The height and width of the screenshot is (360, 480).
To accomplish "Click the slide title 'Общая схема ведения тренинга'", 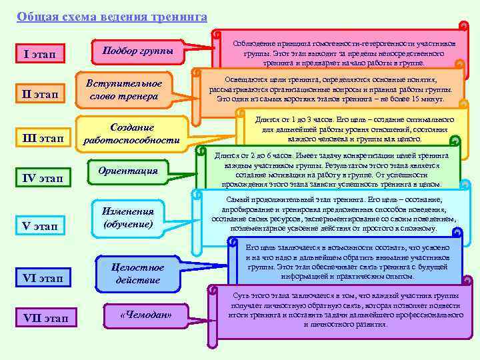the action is (111, 16).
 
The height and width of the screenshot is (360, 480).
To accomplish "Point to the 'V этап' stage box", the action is (45, 227).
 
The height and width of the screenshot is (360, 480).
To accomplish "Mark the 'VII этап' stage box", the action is (45, 318).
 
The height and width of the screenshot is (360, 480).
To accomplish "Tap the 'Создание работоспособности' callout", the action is (131, 133).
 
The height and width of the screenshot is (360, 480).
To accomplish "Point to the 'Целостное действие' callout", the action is (138, 273).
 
